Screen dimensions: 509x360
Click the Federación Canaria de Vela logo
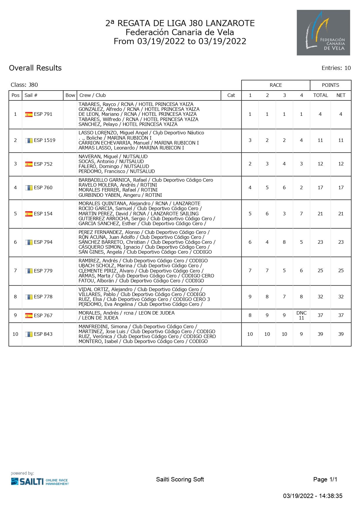click(x=323, y=33)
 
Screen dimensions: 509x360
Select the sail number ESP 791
click(x=43, y=114)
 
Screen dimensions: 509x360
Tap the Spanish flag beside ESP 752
click(x=29, y=164)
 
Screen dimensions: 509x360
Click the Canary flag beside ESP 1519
click(x=29, y=140)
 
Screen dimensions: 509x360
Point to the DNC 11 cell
click(x=301, y=315)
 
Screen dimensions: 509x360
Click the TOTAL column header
click(x=320, y=95)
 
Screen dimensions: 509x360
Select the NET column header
click(x=341, y=95)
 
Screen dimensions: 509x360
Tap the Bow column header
click(x=70, y=95)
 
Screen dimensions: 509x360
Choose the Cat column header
click(x=231, y=95)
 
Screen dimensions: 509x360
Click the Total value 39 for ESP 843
click(x=320, y=334)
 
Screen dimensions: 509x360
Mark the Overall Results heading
click(x=35, y=68)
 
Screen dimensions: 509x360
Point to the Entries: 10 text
click(x=336, y=68)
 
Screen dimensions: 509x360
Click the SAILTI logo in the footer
click(x=40, y=481)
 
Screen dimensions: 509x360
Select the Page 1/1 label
click(x=325, y=479)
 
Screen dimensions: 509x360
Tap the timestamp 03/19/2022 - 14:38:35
click(x=313, y=496)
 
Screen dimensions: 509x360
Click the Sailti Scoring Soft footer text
click(x=180, y=479)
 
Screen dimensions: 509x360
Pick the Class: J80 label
click(x=24, y=85)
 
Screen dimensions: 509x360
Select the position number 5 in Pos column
click(x=15, y=214)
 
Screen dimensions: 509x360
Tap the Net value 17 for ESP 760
click(x=341, y=187)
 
